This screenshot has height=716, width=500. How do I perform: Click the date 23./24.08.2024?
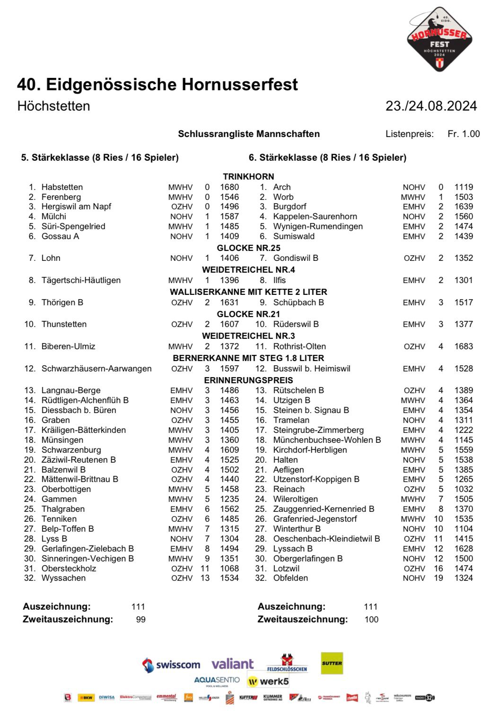(x=431, y=106)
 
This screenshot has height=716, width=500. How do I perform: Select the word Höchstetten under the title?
(x=53, y=106)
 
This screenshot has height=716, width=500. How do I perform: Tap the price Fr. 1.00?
(x=463, y=134)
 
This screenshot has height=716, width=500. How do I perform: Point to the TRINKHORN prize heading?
(x=248, y=176)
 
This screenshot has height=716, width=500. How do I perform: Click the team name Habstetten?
(x=62, y=187)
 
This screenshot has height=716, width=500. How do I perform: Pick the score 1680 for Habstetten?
(x=229, y=187)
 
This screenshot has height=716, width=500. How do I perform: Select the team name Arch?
(x=282, y=187)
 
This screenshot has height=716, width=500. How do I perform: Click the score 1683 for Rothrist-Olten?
(x=464, y=346)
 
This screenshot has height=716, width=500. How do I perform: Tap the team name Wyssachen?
(x=63, y=578)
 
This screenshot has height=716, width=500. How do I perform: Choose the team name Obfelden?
(x=290, y=578)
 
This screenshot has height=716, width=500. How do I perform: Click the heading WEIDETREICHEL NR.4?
(x=248, y=270)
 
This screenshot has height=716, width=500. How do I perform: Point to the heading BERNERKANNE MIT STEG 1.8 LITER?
(x=248, y=358)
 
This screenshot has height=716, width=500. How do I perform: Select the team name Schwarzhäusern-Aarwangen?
(x=96, y=369)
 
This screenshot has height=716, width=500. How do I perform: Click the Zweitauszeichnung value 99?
(x=140, y=620)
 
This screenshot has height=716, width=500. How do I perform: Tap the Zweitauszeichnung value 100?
(x=371, y=620)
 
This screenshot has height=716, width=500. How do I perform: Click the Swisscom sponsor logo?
(x=171, y=664)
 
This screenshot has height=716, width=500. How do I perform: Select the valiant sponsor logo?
(x=232, y=664)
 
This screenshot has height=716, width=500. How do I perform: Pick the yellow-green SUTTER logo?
(x=332, y=663)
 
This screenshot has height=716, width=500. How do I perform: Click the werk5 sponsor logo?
(x=268, y=681)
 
